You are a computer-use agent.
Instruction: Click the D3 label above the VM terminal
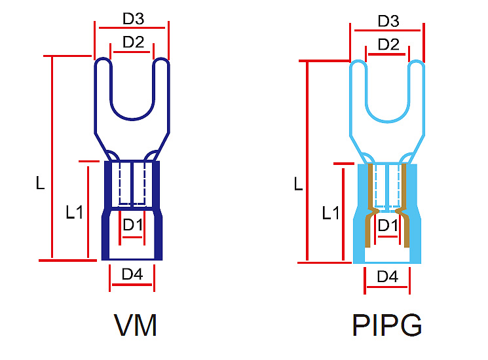(x=134, y=19)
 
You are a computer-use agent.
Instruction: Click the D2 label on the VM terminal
(x=133, y=42)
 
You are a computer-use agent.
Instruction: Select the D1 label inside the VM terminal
(x=133, y=224)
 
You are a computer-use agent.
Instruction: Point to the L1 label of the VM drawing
(x=74, y=211)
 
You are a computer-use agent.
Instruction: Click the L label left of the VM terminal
(x=40, y=184)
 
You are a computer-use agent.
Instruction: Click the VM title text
(x=136, y=325)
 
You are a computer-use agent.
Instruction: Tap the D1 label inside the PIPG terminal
(x=388, y=225)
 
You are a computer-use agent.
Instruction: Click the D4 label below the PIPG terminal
(x=387, y=277)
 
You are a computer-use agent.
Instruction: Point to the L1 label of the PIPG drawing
(x=330, y=213)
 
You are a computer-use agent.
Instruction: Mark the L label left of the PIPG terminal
(x=298, y=184)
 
